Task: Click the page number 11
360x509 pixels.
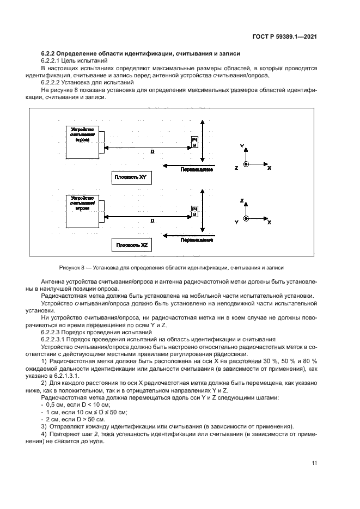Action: [x=314, y=463]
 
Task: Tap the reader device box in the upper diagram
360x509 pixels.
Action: [x=83, y=141]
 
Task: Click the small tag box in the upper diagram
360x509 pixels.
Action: [x=194, y=143]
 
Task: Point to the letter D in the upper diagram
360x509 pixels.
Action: [x=151, y=152]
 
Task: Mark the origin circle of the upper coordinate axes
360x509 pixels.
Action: [x=246, y=164]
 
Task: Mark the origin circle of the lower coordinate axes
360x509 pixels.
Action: [x=246, y=218]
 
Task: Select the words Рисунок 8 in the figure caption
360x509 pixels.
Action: [x=75, y=268]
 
